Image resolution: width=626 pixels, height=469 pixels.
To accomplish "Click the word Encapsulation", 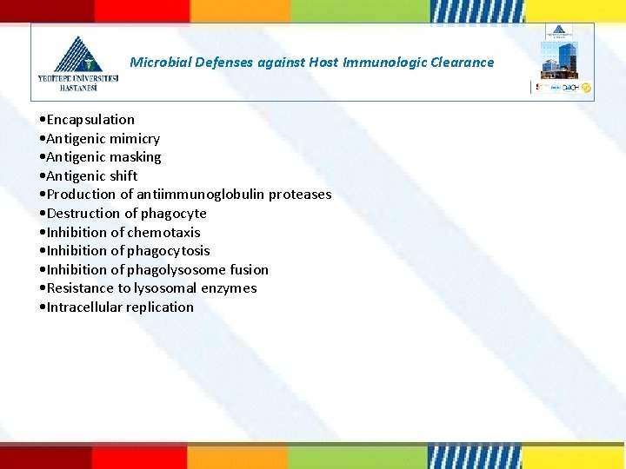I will pos(90,120).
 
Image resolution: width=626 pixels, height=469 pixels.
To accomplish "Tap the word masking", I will pos(136,157).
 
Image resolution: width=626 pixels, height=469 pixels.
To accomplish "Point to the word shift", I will pos(123,176).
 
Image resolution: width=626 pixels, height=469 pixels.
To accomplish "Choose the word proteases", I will pos(300,195).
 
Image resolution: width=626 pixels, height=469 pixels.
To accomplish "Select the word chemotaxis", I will pos(164,233).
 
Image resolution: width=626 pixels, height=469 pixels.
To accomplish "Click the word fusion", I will pos(250,270).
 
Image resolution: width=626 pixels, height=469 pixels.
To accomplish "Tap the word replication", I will pos(162,307).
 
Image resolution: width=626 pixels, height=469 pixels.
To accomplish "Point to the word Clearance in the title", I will pos(462,63).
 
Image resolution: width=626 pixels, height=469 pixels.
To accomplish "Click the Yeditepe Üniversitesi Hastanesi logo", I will pos(77,63).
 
